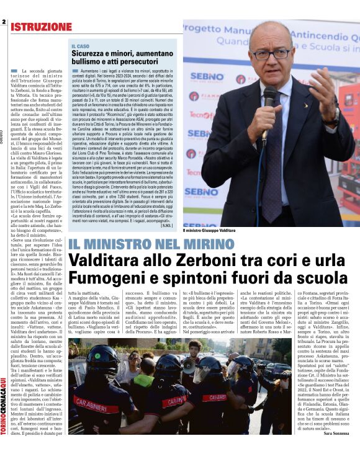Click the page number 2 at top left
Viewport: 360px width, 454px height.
4,22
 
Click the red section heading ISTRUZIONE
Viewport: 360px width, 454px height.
41,27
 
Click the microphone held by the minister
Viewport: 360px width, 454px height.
271,99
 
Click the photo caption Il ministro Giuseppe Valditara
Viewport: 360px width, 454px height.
209,230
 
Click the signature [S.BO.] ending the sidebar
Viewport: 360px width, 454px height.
165,225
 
